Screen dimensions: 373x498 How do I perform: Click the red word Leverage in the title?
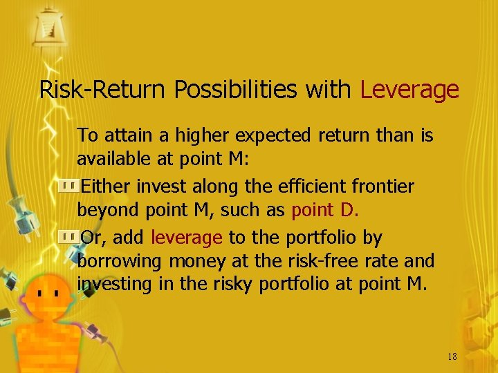click(x=409, y=90)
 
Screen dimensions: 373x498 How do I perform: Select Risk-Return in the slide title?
click(x=104, y=90)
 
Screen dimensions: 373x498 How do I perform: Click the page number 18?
click(x=452, y=357)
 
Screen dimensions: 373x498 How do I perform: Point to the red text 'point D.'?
click(x=325, y=210)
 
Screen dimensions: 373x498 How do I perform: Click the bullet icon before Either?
click(x=68, y=186)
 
